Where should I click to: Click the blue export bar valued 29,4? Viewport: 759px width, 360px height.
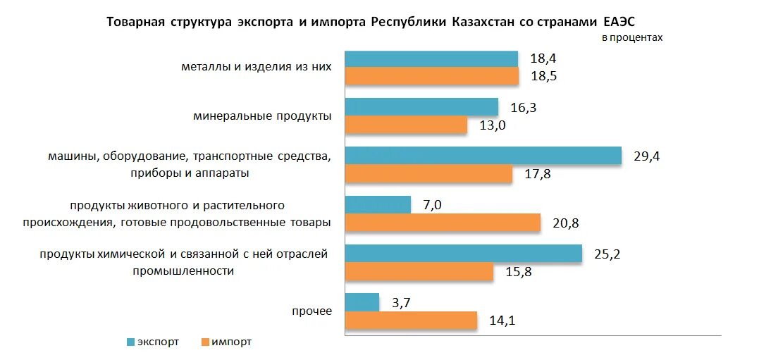click(x=483, y=156)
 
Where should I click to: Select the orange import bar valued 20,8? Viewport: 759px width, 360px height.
click(x=443, y=223)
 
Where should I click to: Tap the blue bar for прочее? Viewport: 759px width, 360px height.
click(x=362, y=302)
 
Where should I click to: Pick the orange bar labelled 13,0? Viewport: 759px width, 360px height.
click(x=407, y=125)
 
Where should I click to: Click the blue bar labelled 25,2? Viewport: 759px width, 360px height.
click(x=464, y=254)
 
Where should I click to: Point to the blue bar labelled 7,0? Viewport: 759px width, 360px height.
click(x=378, y=204)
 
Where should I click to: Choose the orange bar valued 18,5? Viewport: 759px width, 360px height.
click(x=432, y=76)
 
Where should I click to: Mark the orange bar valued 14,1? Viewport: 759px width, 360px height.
click(x=412, y=321)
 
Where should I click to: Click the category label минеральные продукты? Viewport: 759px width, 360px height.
click(x=262, y=116)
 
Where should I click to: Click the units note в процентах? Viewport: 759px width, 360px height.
click(x=632, y=38)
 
